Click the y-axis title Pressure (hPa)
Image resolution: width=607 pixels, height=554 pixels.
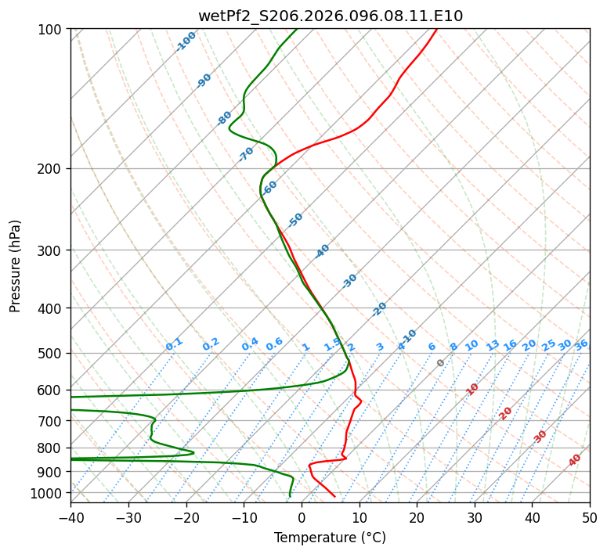coord(16,266)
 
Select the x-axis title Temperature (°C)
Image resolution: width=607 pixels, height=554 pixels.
coord(330,538)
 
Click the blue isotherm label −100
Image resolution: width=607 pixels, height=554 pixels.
coord(186,41)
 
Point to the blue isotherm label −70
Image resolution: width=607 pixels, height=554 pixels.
coord(246,154)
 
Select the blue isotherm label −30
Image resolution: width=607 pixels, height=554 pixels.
coord(349,281)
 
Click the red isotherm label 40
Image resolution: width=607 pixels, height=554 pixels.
coord(575,460)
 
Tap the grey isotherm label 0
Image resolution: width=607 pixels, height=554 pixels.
coord(441,363)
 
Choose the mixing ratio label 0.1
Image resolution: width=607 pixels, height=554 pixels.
coord(174,344)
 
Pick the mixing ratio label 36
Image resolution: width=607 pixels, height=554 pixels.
coord(581,345)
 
